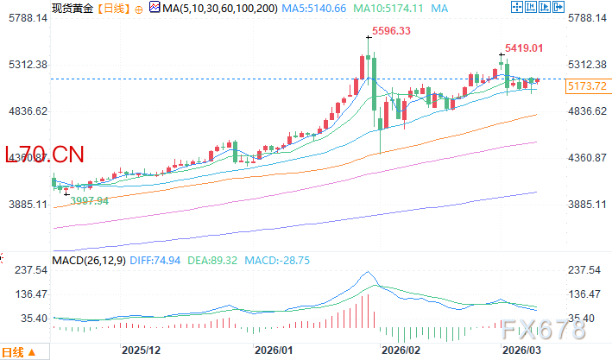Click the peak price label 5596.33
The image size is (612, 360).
pyautogui.click(x=390, y=32)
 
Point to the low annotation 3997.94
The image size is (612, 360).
pyautogui.click(x=90, y=200)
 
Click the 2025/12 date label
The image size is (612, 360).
pyautogui.click(x=142, y=351)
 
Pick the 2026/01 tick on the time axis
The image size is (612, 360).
pyautogui.click(x=274, y=351)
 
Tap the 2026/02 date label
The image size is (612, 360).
pyautogui.click(x=401, y=351)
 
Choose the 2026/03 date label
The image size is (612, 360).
pyautogui.click(x=522, y=351)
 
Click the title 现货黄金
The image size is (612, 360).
pyautogui.click(x=72, y=8)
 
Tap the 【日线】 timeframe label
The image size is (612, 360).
pyautogui.click(x=112, y=8)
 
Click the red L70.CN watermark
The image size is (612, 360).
pyautogui.click(x=45, y=155)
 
